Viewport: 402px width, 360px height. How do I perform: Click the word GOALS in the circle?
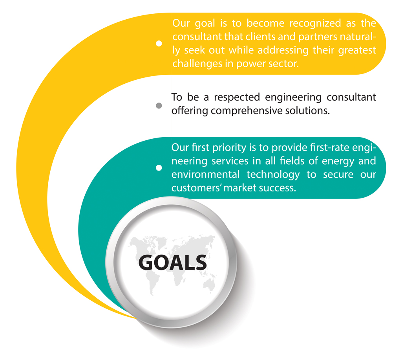pyautogui.click(x=173, y=262)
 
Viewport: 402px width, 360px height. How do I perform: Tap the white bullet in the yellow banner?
pyautogui.click(x=159, y=43)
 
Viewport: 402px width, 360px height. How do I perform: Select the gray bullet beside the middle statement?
pyautogui.click(x=159, y=105)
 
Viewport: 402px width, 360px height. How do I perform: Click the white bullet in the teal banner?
pyautogui.click(x=159, y=168)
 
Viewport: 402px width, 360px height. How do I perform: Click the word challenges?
pyautogui.click(x=197, y=64)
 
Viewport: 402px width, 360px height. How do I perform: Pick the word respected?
pyautogui.click(x=237, y=97)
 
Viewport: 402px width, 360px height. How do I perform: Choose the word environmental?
pyautogui.click(x=205, y=174)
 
